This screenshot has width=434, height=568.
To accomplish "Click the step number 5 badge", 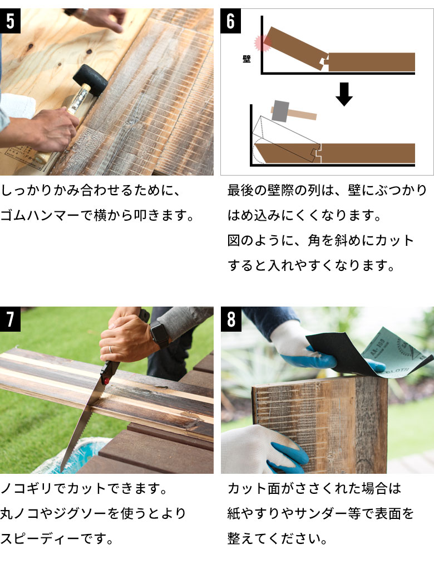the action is (x=10, y=21).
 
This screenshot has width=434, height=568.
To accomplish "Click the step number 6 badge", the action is (x=231, y=21).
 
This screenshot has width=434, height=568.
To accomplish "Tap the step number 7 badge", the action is (x=10, y=319).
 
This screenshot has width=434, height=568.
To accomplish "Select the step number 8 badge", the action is (x=231, y=319).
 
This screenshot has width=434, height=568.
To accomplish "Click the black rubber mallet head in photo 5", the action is (x=90, y=80).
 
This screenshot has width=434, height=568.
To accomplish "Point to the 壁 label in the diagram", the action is (x=246, y=59).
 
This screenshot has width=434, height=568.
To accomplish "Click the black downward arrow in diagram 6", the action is (x=344, y=94).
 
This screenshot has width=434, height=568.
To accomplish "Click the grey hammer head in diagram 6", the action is (x=280, y=111).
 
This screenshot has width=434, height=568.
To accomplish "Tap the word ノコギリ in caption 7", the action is (x=26, y=489).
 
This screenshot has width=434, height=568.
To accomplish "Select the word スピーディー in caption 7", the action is (x=40, y=538).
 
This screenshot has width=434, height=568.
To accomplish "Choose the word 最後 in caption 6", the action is (x=240, y=190).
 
